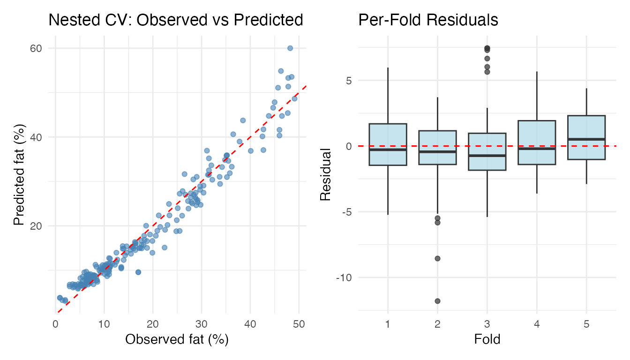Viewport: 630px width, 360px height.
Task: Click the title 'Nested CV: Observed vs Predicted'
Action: tap(176, 20)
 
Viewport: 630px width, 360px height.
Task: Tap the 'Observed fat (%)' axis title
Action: tap(177, 340)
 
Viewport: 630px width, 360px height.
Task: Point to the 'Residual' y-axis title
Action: tap(325, 174)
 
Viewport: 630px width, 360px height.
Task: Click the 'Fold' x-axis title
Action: tap(487, 339)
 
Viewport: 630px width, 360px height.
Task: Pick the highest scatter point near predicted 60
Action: tap(290, 48)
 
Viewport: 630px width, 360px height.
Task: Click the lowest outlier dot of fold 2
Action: tap(437, 301)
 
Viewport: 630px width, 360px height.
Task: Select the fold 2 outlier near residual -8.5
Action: tap(437, 258)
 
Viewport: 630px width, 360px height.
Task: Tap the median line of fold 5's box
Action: tap(586, 139)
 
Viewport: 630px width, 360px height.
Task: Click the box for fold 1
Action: tap(388, 144)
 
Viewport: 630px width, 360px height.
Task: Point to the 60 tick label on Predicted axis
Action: tap(37, 48)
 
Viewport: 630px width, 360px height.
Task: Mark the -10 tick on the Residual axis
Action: tap(344, 277)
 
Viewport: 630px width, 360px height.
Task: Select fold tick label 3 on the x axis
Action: tap(487, 323)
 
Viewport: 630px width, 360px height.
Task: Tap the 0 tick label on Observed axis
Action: tap(55, 323)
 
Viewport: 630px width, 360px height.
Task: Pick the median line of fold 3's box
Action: tap(487, 155)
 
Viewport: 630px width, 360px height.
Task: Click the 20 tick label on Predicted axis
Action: tap(37, 226)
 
